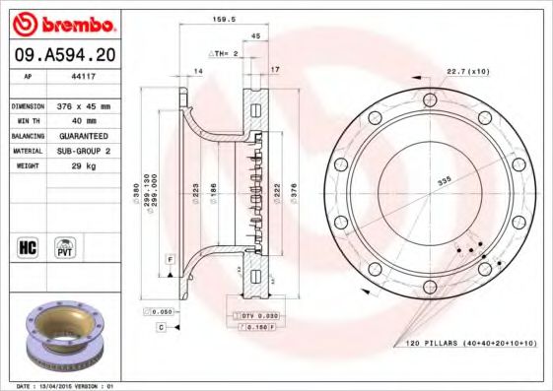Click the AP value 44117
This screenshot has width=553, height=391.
point(82,76)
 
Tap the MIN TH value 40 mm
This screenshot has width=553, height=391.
point(82,120)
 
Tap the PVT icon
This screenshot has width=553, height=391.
point(65,246)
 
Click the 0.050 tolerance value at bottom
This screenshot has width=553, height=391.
point(163,311)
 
